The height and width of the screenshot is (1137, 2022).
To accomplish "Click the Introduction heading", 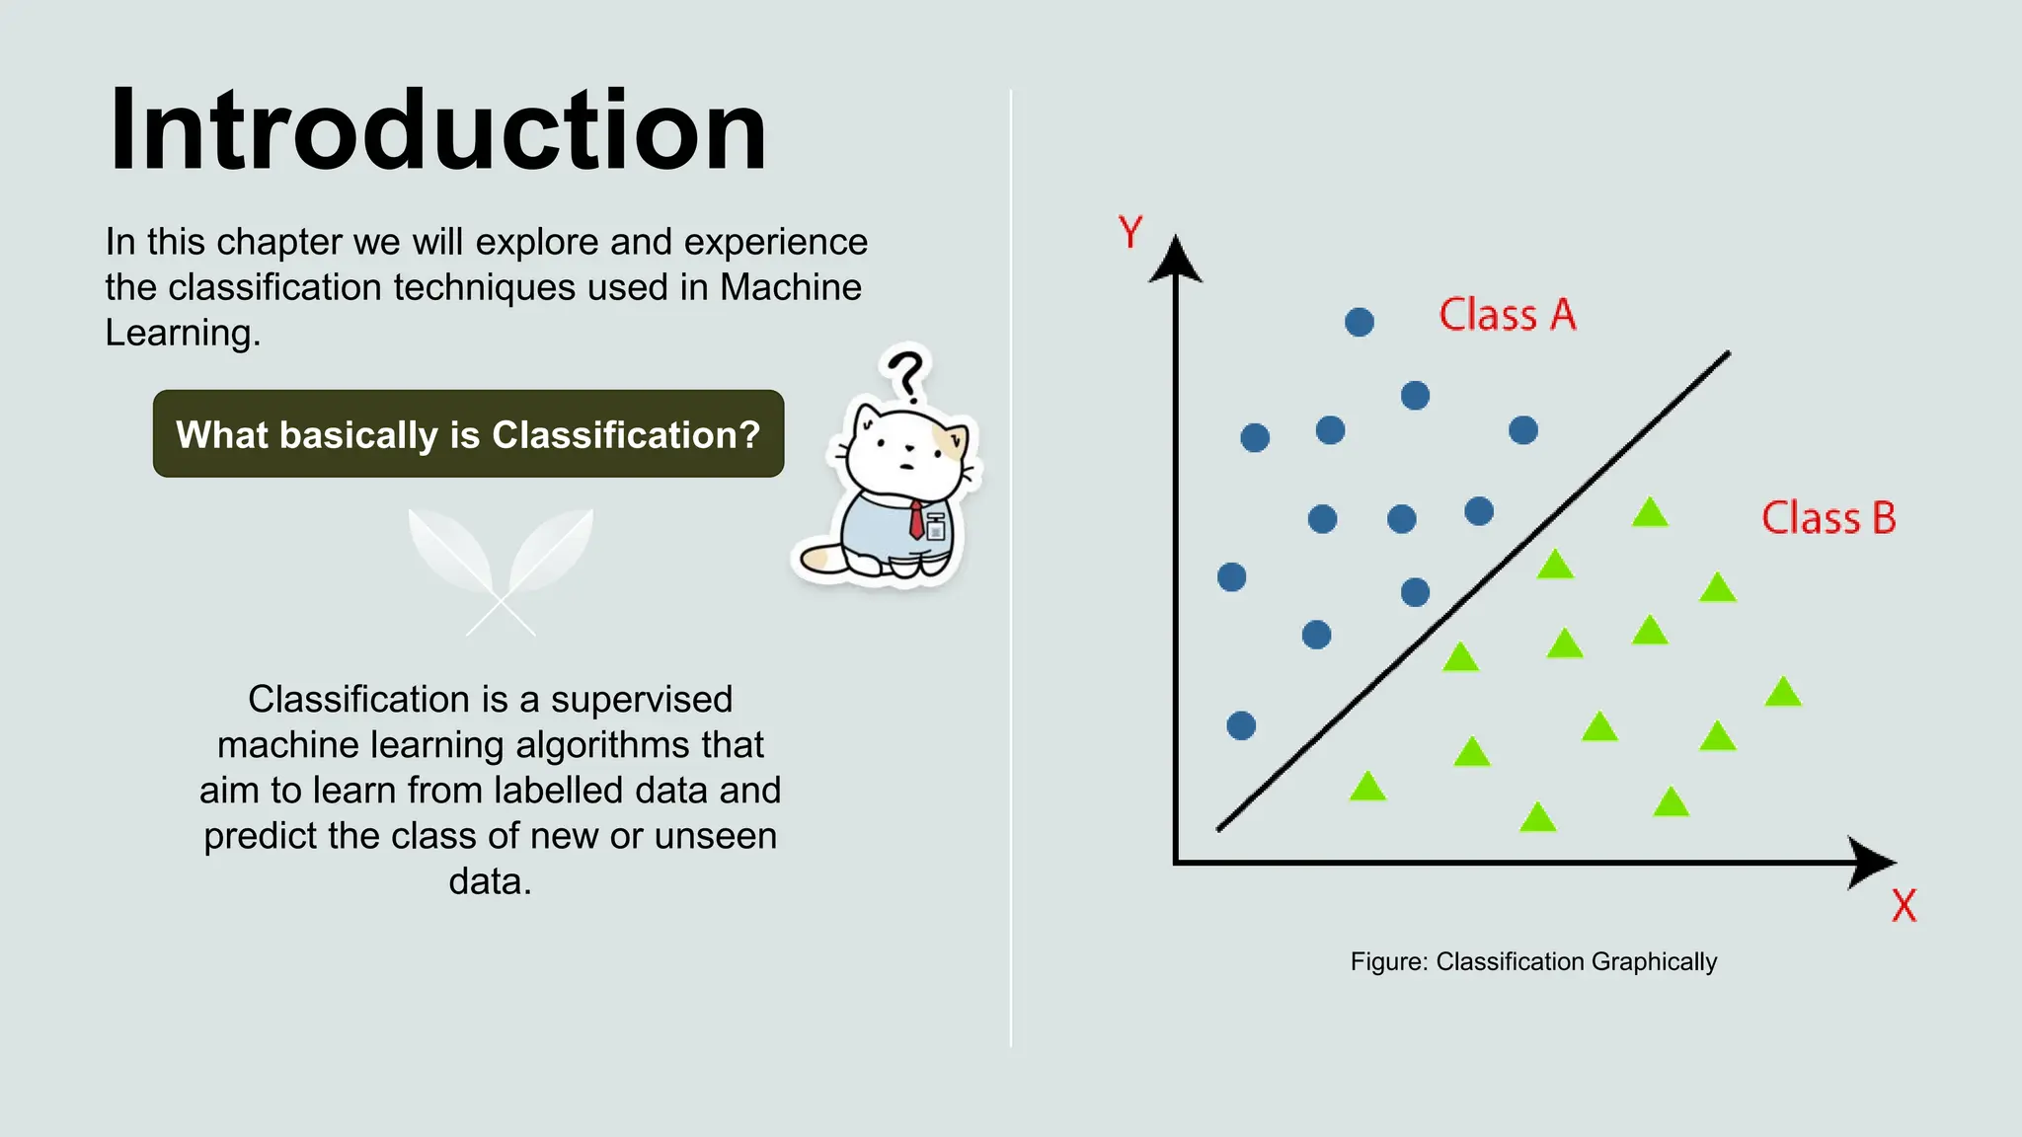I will (x=437, y=130).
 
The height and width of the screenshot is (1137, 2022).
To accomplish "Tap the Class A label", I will (x=1507, y=315).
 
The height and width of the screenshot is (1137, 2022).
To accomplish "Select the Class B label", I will (x=1828, y=518).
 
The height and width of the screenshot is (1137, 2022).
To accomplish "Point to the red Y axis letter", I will (x=1130, y=233).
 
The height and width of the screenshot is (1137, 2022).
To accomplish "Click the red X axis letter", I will (x=1904, y=905).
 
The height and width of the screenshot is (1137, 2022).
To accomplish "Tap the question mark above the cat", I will (x=904, y=373).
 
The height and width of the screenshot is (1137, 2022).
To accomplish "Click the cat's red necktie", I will (x=916, y=519).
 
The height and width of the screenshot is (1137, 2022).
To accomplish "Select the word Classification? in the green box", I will (x=626, y=435).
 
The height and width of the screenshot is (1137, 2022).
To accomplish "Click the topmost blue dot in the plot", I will (x=1360, y=322).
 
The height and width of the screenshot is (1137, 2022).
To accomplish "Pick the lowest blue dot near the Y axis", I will (x=1241, y=725).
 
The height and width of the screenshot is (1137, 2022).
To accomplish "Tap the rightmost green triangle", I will (x=1783, y=693).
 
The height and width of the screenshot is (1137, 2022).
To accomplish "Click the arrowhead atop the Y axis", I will (x=1175, y=261).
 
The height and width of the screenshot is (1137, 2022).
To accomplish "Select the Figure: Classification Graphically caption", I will (x=1533, y=961).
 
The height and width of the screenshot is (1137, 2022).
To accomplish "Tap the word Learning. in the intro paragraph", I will (x=183, y=333).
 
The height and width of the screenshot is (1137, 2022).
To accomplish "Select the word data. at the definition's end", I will (x=490, y=880).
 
